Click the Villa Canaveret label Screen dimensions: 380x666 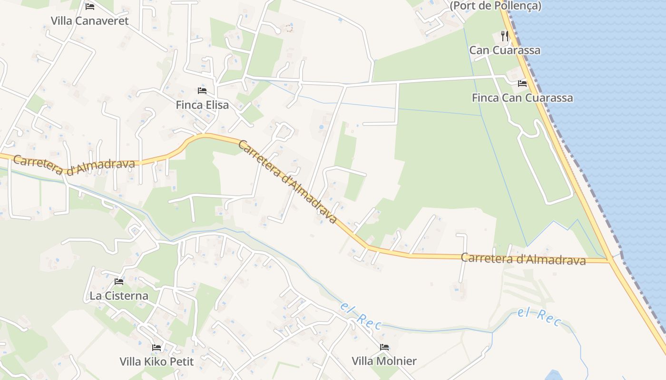[89, 21]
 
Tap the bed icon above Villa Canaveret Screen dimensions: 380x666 [90, 7]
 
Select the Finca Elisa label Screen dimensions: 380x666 [202, 105]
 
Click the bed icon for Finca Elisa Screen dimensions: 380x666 [202, 90]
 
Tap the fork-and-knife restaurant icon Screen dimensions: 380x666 [505, 36]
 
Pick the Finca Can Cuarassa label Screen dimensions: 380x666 [522, 98]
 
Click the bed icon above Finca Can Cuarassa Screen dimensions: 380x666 [522, 84]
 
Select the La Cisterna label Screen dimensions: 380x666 [119, 296]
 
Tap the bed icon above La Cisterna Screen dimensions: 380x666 [119, 282]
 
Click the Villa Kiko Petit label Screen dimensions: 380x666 [157, 361]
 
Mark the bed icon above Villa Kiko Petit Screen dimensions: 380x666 [157, 347]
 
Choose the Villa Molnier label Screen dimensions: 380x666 [384, 361]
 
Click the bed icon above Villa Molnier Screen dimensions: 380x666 [384, 347]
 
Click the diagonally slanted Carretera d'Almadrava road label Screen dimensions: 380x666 [287, 182]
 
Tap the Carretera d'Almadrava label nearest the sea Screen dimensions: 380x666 [523, 259]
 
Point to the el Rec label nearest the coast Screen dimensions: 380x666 [539, 317]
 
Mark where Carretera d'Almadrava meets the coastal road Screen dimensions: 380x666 [610, 261]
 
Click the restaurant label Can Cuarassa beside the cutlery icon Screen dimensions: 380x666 [505, 50]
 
